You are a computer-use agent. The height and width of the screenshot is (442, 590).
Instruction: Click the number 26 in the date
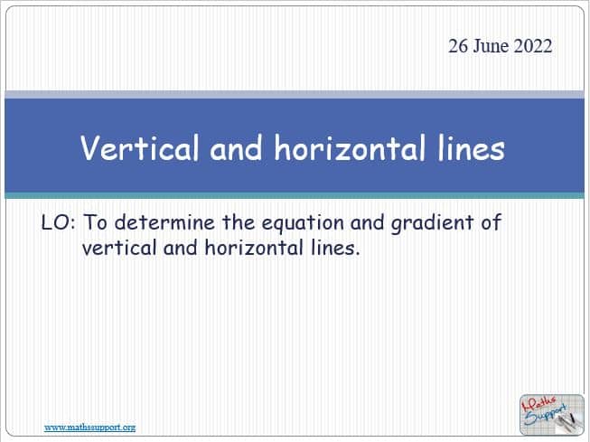click(458, 46)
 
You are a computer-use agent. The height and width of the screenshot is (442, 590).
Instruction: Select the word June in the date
click(491, 46)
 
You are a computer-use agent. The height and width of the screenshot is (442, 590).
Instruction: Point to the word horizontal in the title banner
click(350, 147)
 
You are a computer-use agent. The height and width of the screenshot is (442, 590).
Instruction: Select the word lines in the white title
click(471, 147)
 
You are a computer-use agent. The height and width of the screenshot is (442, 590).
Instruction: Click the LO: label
click(59, 222)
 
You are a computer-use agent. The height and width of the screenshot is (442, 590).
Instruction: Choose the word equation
click(303, 224)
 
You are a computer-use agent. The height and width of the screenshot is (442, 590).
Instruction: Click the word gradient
click(432, 224)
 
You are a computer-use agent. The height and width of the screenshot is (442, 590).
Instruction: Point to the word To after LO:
click(95, 222)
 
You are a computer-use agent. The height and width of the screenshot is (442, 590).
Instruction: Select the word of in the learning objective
click(491, 222)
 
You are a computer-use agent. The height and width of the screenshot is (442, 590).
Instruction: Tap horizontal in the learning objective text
click(254, 248)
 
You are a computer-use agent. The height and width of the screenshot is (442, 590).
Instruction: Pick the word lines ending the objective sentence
click(333, 248)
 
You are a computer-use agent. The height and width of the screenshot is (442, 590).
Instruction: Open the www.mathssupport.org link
click(90, 428)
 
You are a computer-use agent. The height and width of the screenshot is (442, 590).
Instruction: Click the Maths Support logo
click(552, 415)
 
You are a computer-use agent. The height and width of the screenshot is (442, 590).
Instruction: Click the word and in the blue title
click(236, 147)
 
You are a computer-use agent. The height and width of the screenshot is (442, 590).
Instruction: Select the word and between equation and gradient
click(367, 222)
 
